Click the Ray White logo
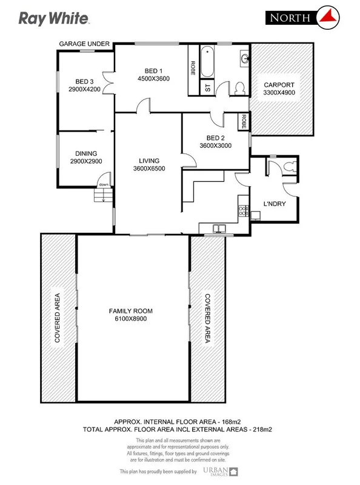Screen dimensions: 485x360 55,19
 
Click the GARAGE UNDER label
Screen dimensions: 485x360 84,44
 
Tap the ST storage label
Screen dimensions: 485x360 208,87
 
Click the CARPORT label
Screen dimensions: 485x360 278,85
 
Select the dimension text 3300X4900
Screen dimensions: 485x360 278,93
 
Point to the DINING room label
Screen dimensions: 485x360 86,154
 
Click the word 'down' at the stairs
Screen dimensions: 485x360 104,185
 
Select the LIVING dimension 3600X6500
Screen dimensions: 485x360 148,169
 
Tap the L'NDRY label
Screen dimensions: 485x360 274,203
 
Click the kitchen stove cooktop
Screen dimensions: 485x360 242,210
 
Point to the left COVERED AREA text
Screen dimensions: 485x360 58,318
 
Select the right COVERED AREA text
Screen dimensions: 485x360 207,318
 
